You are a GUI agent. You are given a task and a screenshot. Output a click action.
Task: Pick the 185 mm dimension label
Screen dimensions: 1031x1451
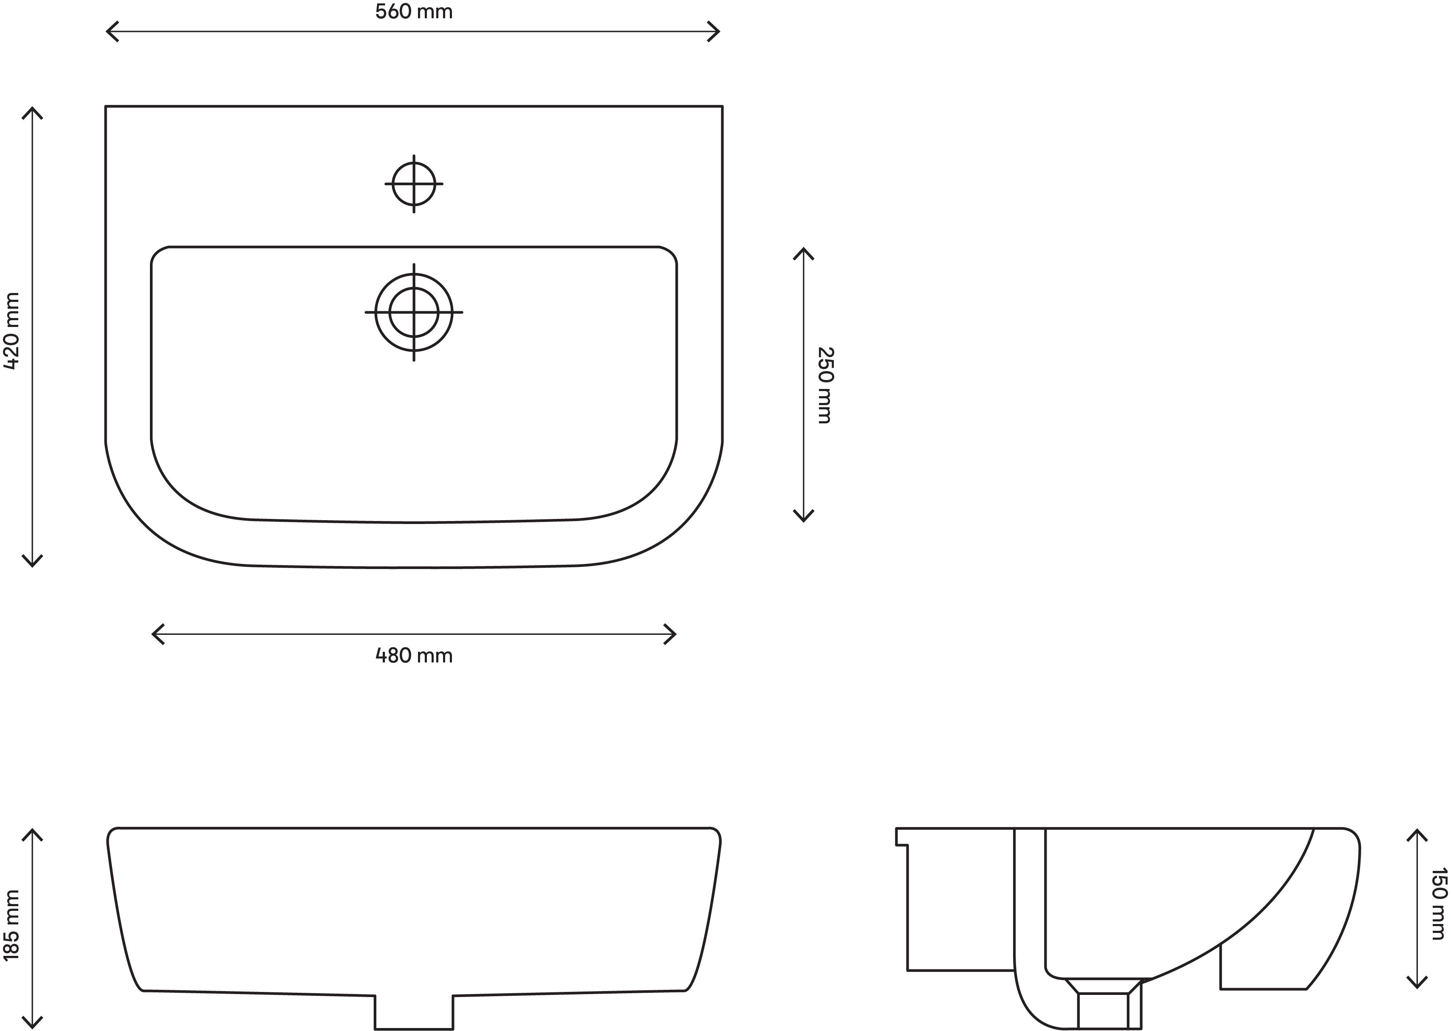[12, 925]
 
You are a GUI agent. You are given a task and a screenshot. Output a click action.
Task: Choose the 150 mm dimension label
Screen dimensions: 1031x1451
[1438, 903]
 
